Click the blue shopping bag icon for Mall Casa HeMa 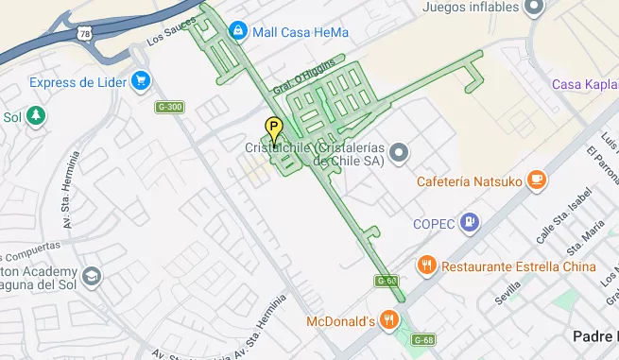237,31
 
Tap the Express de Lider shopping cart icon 141,81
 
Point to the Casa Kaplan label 584,85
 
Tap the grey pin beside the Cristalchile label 399,152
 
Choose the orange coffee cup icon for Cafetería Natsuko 537,180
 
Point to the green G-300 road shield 169,107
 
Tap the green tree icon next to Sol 35,116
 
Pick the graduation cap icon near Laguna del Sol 91,276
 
